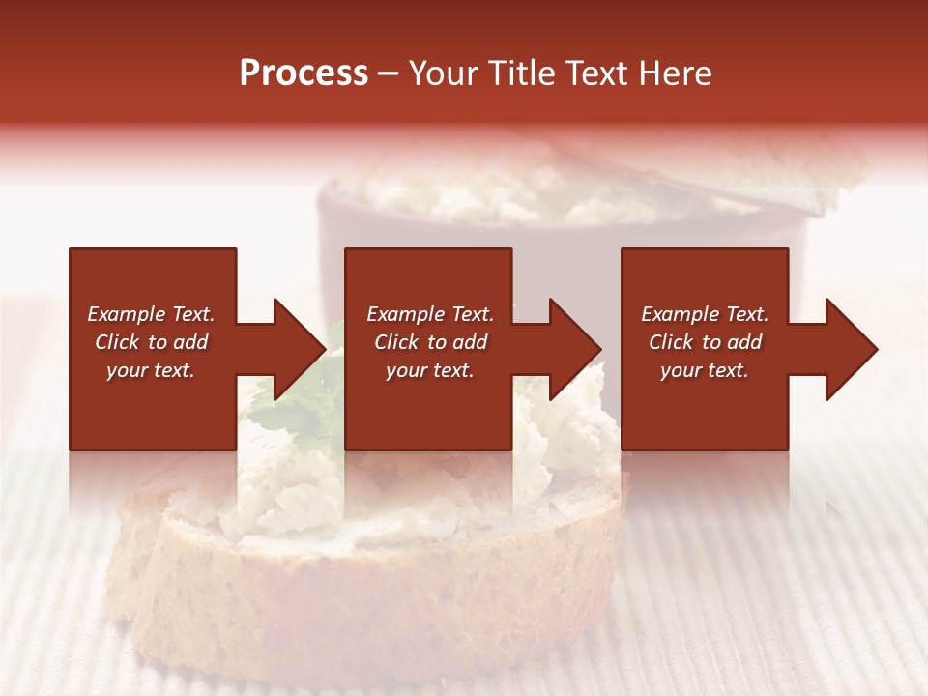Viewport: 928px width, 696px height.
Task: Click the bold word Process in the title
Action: coord(304,73)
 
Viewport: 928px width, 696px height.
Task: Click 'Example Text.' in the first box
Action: coord(151,314)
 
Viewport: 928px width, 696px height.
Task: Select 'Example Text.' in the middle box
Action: coord(430,314)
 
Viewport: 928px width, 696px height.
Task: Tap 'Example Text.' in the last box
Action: coord(705,314)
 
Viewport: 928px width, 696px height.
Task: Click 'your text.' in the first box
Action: coord(151,370)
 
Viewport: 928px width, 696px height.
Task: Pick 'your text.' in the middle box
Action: coord(430,370)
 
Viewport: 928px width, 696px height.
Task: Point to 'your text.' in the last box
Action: coord(705,370)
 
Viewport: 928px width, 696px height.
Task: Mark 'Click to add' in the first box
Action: coord(151,342)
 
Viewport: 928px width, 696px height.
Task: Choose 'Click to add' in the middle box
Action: coord(430,342)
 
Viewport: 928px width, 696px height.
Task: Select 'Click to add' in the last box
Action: coord(705,342)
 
